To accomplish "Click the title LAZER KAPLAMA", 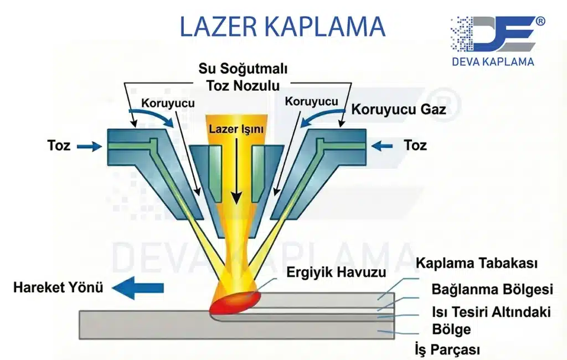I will [x=282, y=27].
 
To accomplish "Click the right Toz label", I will [x=415, y=146].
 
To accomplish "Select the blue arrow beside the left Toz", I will [x=89, y=146].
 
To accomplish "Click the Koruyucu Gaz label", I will [x=399, y=109].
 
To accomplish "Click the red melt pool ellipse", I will [x=235, y=302].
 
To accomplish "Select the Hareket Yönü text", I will [x=59, y=288].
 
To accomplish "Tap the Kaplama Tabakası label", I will [x=477, y=263].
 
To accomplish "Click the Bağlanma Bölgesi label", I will [x=492, y=290].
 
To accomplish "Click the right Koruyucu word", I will [x=311, y=101].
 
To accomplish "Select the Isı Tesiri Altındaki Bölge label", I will [x=491, y=320].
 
